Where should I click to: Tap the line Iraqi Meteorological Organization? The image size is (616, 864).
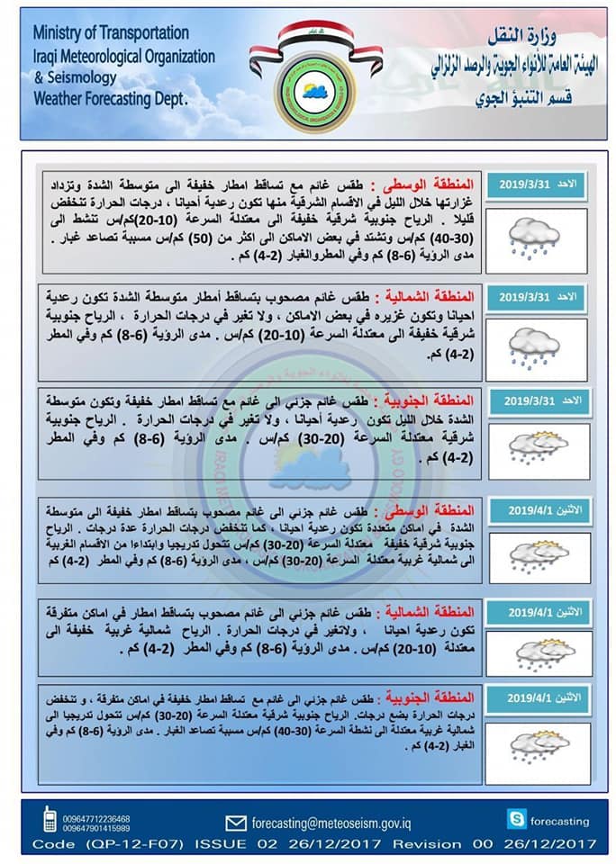(123, 56)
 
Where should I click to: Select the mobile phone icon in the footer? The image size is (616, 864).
(50, 820)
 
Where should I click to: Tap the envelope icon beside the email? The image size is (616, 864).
(236, 822)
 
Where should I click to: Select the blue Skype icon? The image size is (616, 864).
(515, 819)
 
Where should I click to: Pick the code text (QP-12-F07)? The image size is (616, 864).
(133, 844)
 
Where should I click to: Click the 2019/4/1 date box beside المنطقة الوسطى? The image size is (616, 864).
(539, 508)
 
